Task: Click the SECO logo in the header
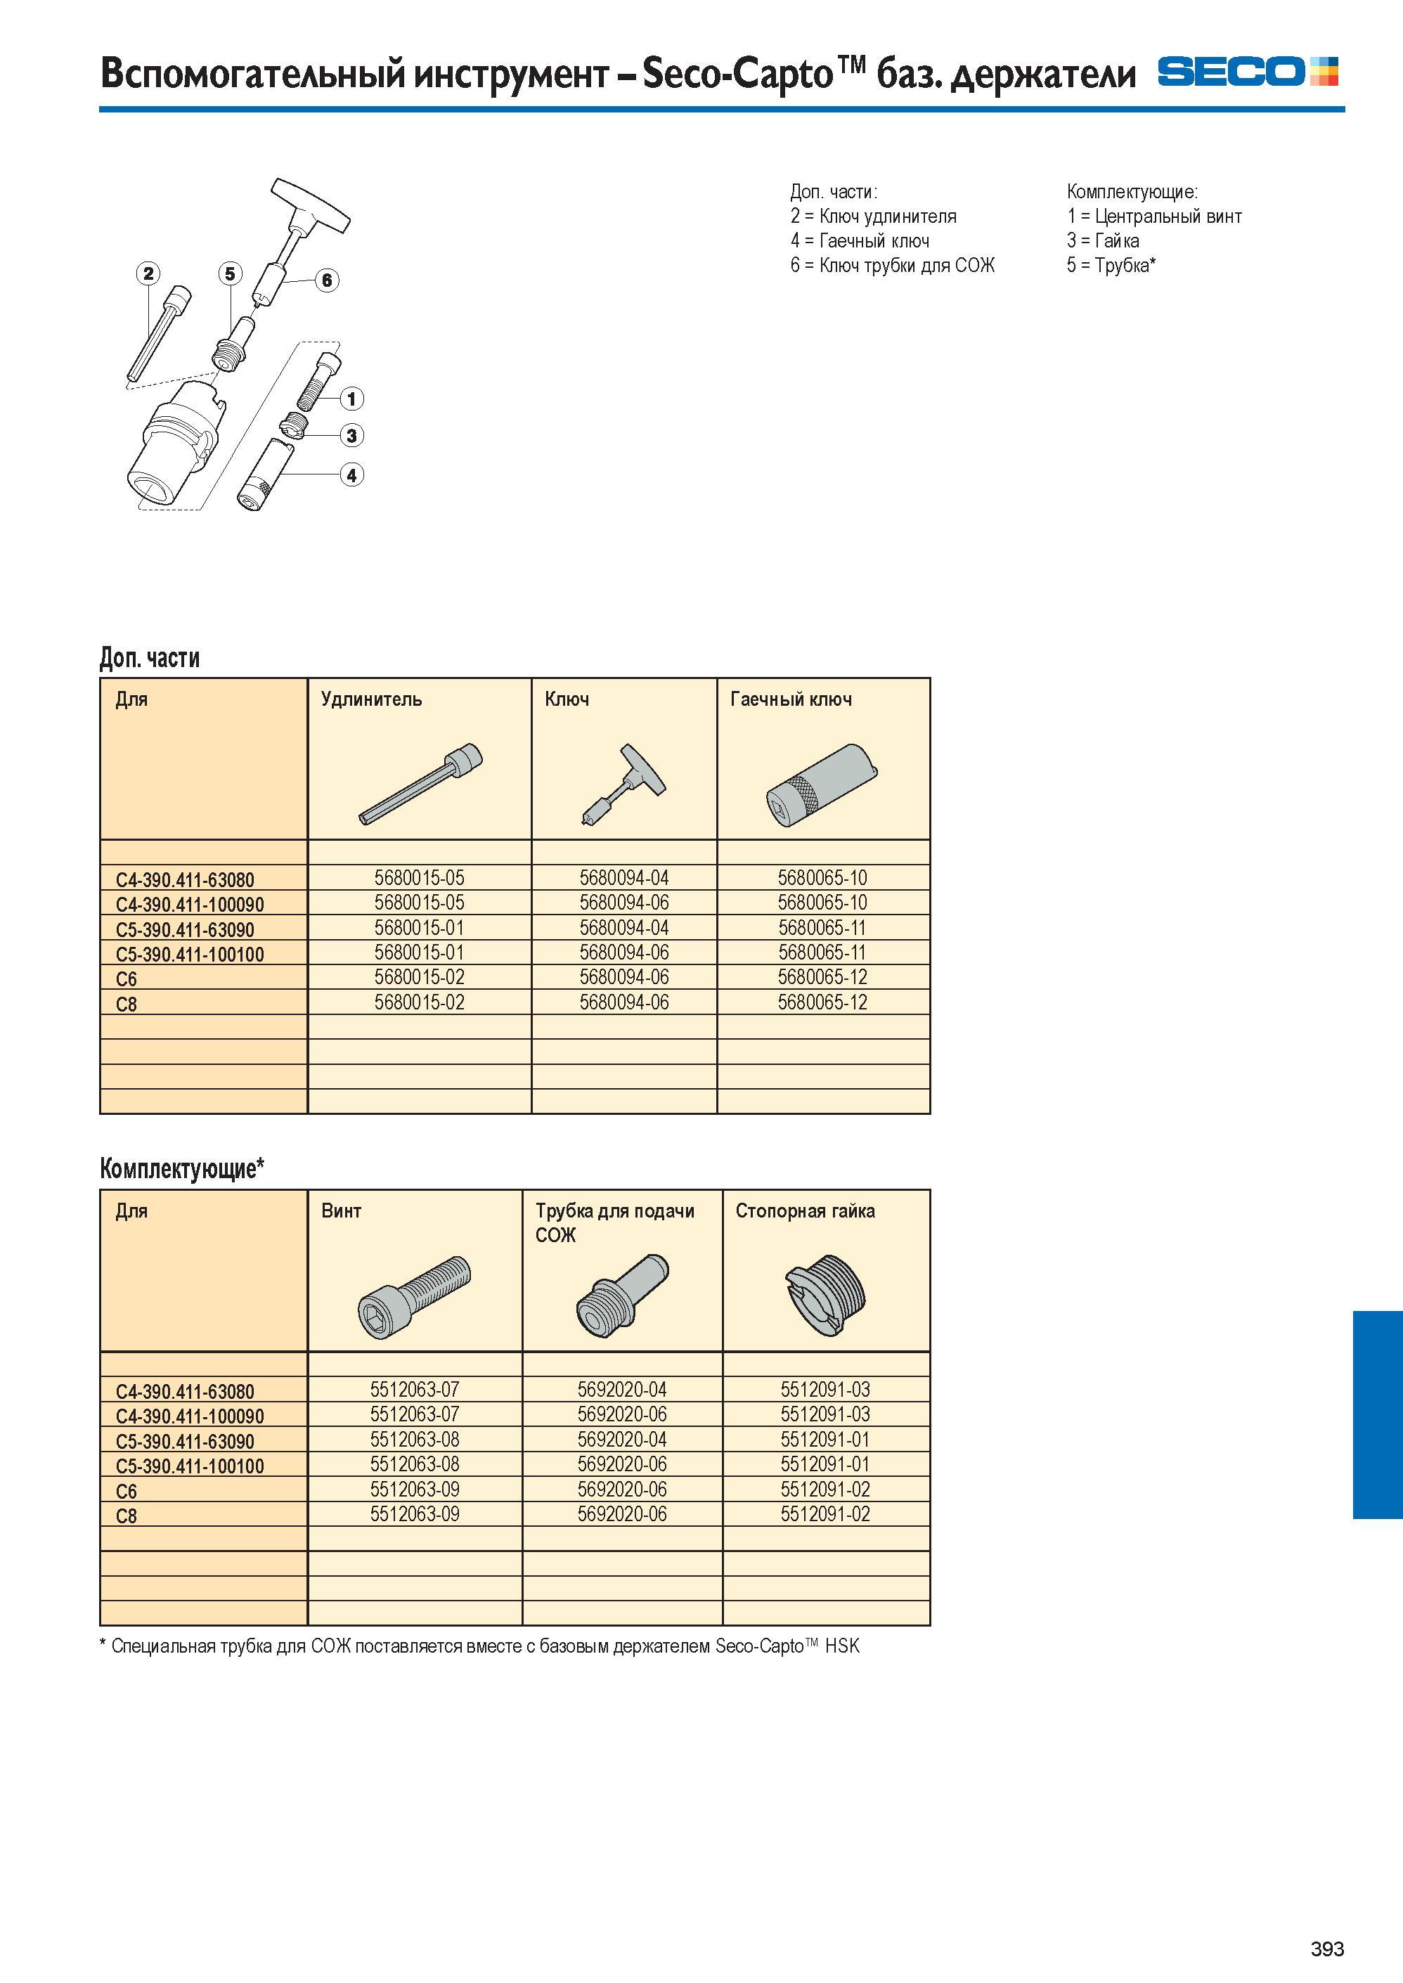pos(1248,72)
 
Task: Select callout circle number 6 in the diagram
pos(327,280)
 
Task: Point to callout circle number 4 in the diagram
pos(351,474)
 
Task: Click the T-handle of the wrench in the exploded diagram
pos(310,205)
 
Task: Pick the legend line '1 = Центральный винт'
pos(1154,216)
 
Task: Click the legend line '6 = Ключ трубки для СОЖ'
pos(893,265)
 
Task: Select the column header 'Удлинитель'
pos(371,699)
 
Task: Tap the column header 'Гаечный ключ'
pos(791,699)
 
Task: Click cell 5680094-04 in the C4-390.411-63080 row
pos(623,878)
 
